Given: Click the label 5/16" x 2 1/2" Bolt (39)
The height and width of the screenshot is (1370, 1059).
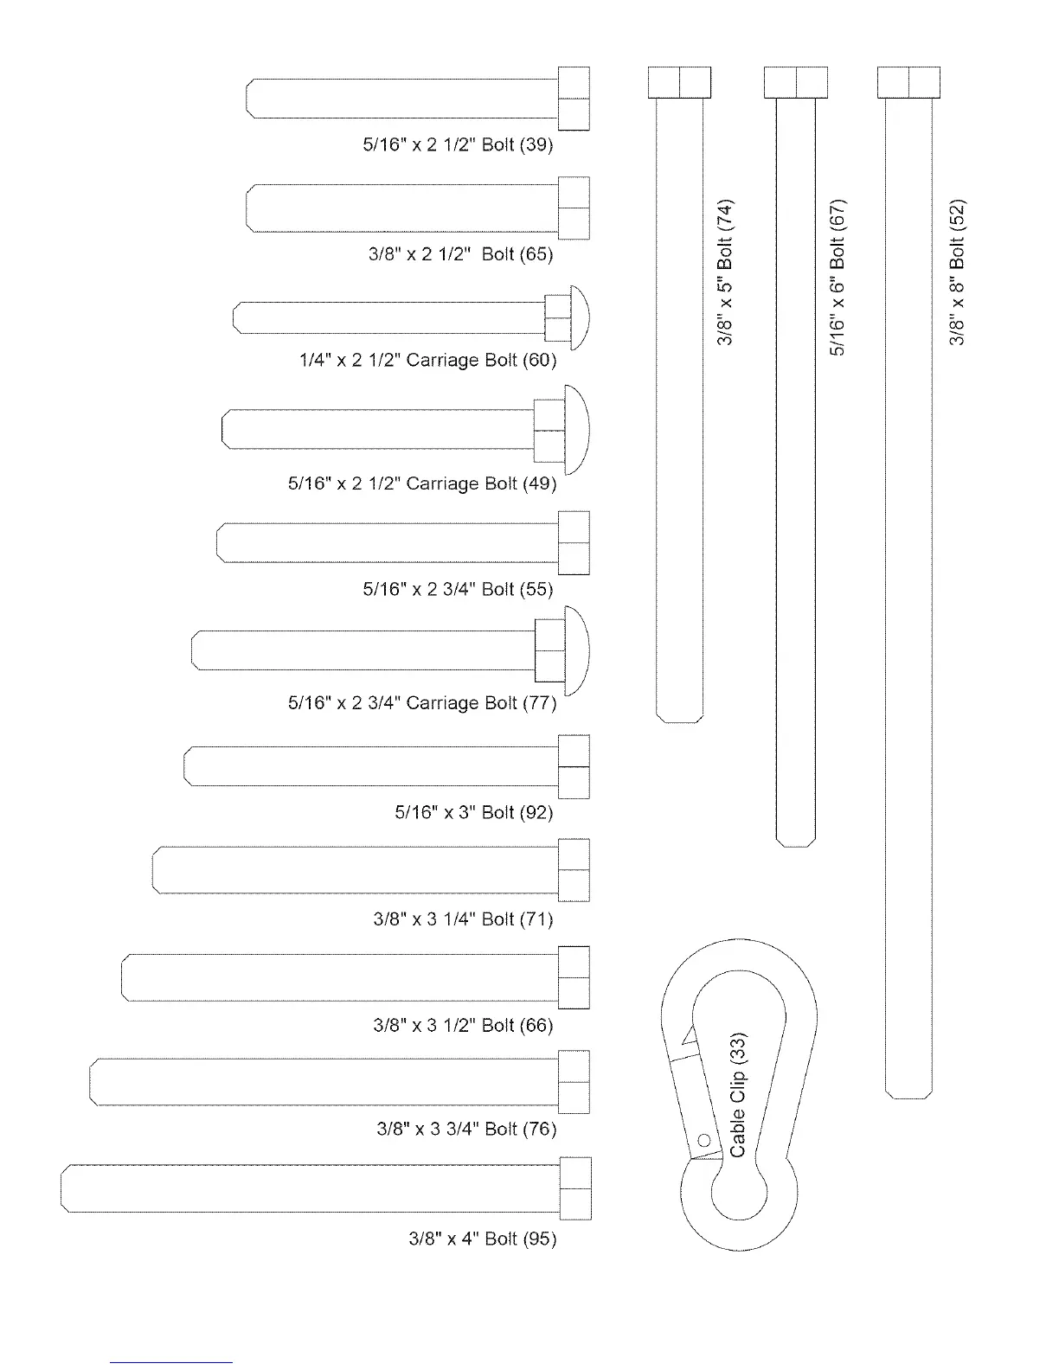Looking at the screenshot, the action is pos(458,144).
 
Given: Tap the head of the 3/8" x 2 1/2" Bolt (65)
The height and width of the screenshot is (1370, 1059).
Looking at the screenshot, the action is pos(574,208).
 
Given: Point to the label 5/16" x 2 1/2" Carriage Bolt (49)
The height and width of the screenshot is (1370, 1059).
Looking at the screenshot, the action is pos(421,483).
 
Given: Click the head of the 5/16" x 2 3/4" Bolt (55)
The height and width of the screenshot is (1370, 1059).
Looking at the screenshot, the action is pos(574,542).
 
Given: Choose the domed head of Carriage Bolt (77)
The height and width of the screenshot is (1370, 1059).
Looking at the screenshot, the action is pos(577,650).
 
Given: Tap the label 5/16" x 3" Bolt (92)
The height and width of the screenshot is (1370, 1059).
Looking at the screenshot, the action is pos(473,812).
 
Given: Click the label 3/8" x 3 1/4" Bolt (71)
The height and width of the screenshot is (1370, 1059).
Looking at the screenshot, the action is pos(463,919).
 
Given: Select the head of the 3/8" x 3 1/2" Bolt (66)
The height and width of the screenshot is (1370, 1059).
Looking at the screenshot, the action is pos(574,977).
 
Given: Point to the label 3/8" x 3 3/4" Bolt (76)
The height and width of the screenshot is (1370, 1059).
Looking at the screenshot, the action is pos(466,1129).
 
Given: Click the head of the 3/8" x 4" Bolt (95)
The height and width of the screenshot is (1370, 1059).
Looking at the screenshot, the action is pos(575,1188).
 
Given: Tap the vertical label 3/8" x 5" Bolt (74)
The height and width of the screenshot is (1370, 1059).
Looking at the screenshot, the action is pos(726,272).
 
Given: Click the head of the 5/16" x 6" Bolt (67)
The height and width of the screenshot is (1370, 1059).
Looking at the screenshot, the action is pos(796,82).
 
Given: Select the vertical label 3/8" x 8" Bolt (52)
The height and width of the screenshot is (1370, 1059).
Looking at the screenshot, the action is pos(957,272).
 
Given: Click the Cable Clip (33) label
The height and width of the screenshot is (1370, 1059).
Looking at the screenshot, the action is pos(738,1094).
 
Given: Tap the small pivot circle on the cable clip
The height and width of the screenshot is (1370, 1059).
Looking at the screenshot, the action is pos(704,1140).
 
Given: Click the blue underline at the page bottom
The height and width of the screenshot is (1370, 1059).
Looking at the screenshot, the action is pos(171,1362).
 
